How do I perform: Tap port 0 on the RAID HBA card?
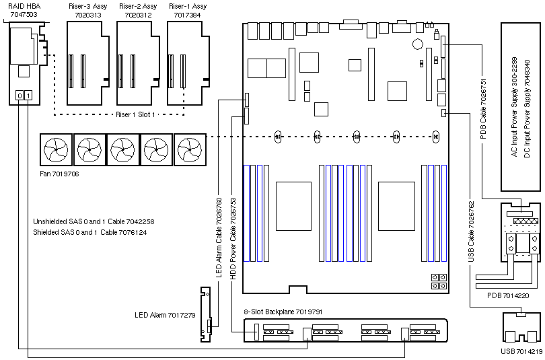click(x=20, y=96)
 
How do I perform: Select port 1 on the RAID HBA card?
click(x=28, y=96)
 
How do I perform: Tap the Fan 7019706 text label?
click(x=61, y=174)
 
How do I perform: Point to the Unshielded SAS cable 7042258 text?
click(x=94, y=221)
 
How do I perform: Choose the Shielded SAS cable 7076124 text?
click(x=89, y=232)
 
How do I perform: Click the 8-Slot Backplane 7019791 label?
click(x=283, y=312)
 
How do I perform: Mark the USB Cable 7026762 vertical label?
click(x=471, y=231)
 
